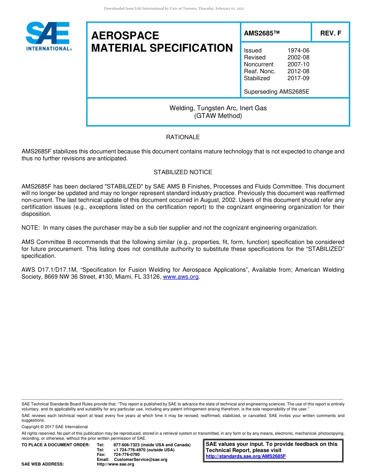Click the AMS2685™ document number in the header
click(261, 34)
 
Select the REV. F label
click(331, 34)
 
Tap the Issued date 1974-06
click(298, 50)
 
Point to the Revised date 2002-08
click(298, 57)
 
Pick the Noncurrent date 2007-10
click(298, 64)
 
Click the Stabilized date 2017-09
click(298, 78)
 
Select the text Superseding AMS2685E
click(277, 92)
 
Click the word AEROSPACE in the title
click(125, 36)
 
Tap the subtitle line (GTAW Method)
click(218, 116)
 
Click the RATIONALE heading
click(183, 137)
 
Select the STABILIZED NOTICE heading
click(183, 172)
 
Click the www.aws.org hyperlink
click(181, 277)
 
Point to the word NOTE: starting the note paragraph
click(31, 228)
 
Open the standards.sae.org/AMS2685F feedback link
click(245, 456)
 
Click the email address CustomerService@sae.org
click(141, 459)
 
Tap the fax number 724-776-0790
click(126, 455)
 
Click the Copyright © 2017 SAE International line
click(55, 427)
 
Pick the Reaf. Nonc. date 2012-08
click(298, 71)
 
